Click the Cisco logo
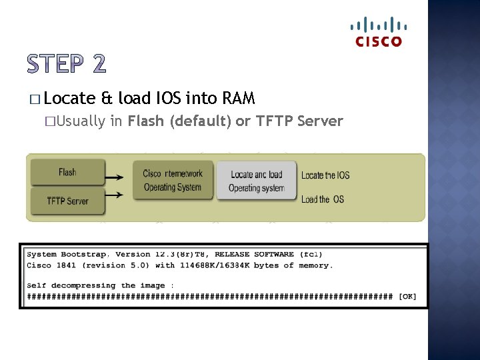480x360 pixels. coord(379,32)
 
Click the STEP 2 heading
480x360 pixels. coord(67,65)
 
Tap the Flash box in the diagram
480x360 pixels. coord(67,173)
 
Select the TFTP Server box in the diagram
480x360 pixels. coord(67,201)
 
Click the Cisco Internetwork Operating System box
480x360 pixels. coord(173,180)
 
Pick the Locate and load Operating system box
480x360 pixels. coord(257,181)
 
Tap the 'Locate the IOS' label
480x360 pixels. coord(325,175)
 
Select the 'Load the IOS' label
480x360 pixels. coord(323,199)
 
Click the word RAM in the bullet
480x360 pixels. coord(238,99)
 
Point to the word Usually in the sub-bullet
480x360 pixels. coord(80,121)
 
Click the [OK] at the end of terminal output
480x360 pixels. coord(407,297)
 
